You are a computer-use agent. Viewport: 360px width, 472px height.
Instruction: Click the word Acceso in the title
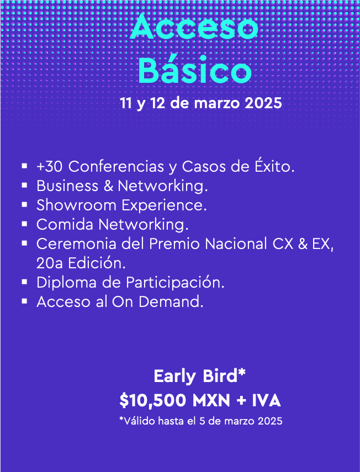194,27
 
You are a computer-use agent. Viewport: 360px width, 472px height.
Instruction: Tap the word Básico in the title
195,70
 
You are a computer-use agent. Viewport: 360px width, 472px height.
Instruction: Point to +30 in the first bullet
49,167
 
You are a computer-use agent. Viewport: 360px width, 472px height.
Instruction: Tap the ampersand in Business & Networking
108,186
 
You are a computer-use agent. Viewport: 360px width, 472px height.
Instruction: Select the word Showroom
76,205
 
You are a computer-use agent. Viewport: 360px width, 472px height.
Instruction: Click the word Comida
65,225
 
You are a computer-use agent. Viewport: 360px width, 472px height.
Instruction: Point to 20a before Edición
50,263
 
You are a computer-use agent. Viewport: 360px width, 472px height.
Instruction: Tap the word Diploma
67,283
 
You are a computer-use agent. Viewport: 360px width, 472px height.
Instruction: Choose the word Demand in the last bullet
171,302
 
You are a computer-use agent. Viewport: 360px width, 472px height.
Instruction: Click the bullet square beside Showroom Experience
25,204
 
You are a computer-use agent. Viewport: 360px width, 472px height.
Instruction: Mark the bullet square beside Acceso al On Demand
25,301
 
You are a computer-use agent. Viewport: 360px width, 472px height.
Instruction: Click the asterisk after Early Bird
242,373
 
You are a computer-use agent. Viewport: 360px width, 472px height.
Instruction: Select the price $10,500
152,401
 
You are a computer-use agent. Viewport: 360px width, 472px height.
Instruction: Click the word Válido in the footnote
138,421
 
